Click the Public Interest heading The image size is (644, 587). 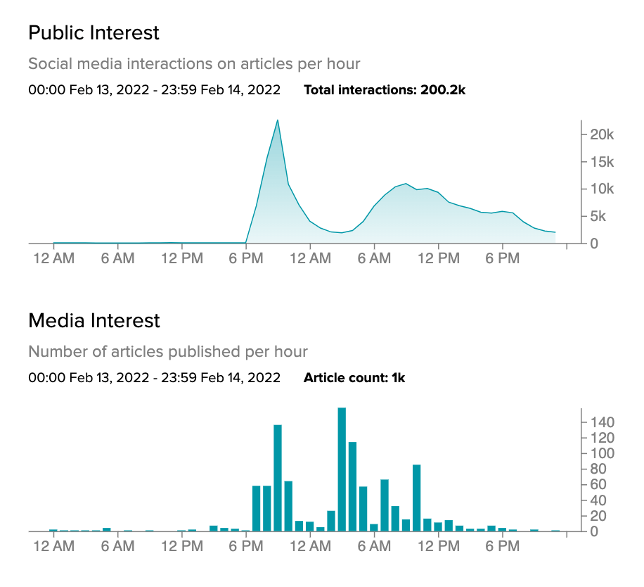coord(94,32)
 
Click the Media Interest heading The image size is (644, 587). coord(94,321)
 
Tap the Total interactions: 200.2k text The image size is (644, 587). coord(385,90)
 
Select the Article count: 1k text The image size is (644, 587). coord(354,378)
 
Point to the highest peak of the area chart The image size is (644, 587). coord(278,120)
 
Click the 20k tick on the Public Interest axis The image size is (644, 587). coord(602,134)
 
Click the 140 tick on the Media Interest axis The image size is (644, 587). coord(603,422)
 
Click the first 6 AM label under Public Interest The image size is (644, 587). coord(117,259)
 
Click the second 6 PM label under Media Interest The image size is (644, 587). coord(502,547)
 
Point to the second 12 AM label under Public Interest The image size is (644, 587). coord(310,259)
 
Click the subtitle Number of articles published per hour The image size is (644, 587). coord(168,351)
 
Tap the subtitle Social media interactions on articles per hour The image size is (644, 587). coord(194,64)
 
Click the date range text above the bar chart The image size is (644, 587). coord(154,378)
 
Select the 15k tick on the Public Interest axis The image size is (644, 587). coord(602,162)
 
